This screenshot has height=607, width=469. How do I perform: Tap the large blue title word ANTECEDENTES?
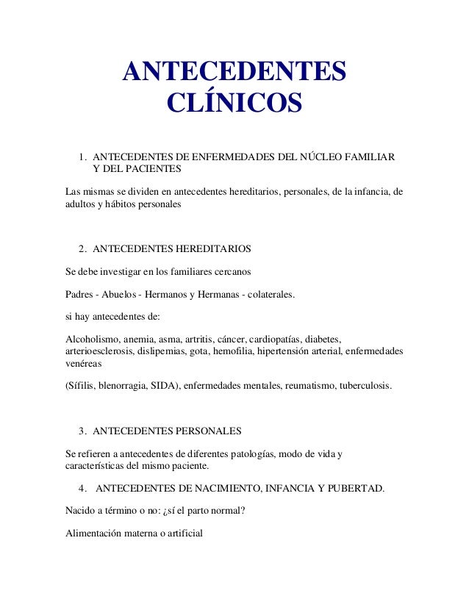pos(234,71)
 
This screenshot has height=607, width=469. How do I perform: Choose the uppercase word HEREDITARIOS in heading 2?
pos(211,248)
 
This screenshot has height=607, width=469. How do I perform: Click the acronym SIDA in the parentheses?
pos(162,385)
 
